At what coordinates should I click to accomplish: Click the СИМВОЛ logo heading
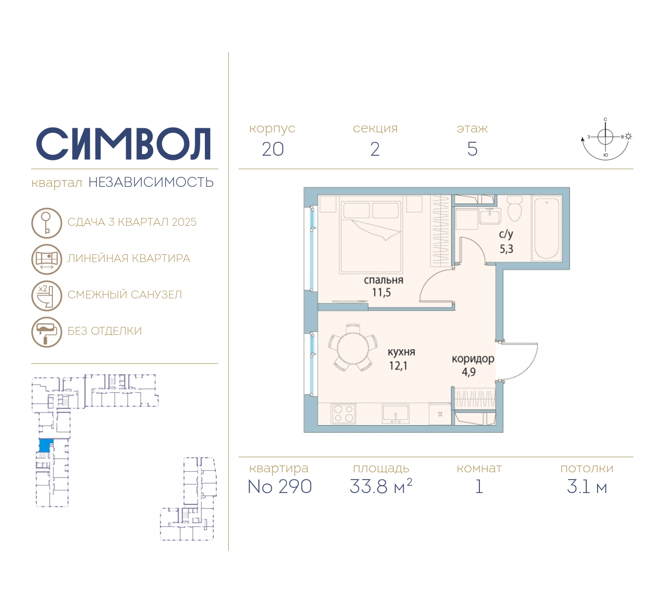(123, 144)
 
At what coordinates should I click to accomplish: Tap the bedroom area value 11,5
(381, 293)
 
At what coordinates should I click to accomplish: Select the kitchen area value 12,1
(398, 366)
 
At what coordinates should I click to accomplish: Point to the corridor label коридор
(473, 359)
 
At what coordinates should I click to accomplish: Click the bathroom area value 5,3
(506, 249)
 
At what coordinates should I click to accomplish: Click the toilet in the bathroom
(515, 208)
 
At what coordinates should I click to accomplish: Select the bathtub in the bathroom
(546, 228)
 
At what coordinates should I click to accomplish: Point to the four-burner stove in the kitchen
(343, 414)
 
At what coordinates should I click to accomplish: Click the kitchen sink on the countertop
(396, 414)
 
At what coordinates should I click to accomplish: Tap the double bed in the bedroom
(371, 237)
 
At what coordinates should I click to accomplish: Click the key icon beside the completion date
(47, 223)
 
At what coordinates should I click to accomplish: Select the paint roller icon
(47, 332)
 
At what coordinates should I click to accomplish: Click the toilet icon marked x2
(47, 296)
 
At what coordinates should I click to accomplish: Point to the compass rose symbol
(606, 139)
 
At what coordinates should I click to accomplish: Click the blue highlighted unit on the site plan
(46, 445)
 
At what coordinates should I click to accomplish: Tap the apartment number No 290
(280, 486)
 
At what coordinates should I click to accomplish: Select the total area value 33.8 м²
(381, 486)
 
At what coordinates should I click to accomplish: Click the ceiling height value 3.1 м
(587, 487)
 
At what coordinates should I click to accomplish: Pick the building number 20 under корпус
(273, 149)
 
